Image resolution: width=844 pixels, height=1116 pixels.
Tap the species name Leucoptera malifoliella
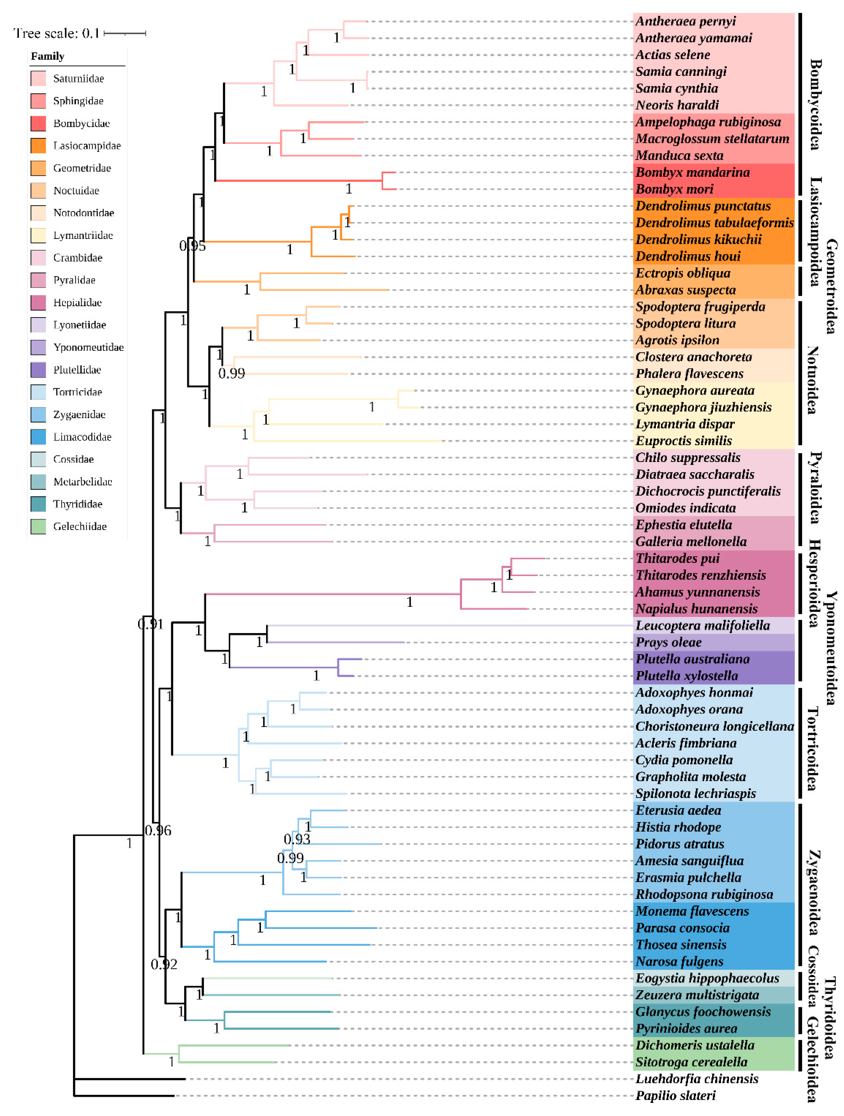(702, 626)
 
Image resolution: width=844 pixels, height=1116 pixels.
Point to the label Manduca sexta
(679, 156)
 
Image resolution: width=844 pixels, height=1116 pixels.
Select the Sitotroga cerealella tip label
(691, 1062)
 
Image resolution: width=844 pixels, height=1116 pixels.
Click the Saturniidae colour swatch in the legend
(38, 79)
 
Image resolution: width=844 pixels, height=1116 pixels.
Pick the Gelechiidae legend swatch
(38, 526)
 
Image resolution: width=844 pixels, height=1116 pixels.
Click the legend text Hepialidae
(77, 303)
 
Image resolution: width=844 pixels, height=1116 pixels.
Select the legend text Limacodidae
(82, 437)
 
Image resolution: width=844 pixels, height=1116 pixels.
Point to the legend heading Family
(47, 56)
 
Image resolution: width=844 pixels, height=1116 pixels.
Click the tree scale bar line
(125, 33)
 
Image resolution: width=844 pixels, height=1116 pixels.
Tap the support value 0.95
(192, 246)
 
